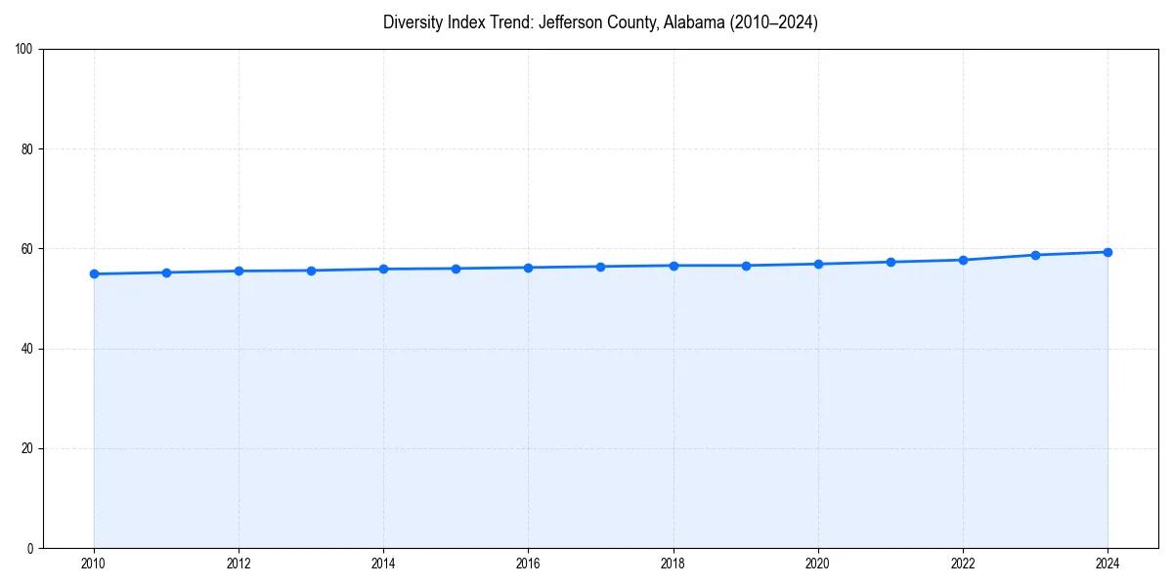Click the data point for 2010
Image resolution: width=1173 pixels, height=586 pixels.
[94, 273]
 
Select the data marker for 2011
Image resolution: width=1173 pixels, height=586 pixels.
[166, 272]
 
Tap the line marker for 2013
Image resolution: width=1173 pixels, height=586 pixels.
[311, 271]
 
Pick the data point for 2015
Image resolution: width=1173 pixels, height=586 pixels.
[456, 269]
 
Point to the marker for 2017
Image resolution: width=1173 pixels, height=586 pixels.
[600, 267]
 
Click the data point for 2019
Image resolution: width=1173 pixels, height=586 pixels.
[746, 266]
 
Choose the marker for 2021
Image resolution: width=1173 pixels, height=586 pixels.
[891, 262]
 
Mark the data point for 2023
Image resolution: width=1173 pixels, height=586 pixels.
[1035, 255]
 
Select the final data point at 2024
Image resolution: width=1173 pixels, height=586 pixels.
[1108, 252]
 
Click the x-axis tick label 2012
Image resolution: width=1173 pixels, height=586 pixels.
[239, 564]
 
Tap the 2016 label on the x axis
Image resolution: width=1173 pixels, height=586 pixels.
[528, 564]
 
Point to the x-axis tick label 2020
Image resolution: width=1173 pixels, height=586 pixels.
[818, 564]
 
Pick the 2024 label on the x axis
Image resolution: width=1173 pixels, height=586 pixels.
[1108, 564]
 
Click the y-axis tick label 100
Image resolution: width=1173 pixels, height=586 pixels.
[25, 50]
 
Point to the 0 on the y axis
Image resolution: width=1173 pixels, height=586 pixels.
[31, 548]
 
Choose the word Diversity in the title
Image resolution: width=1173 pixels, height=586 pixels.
[413, 22]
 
